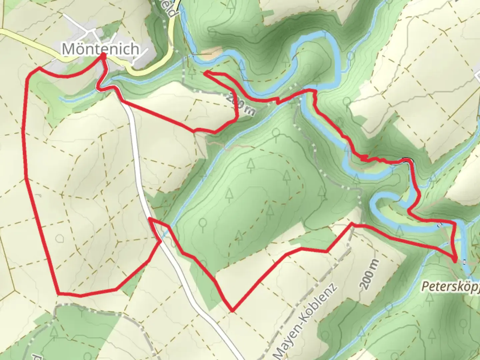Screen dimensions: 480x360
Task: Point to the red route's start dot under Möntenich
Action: click(x=103, y=57)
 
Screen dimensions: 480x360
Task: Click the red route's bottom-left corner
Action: click(x=59, y=294)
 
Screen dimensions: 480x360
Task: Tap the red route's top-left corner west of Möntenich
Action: click(x=39, y=68)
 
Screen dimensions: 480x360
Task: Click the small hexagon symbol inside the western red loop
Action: click(x=60, y=238)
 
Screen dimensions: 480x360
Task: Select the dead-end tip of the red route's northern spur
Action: click(x=207, y=72)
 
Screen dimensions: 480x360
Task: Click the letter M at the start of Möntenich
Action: click(x=69, y=49)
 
